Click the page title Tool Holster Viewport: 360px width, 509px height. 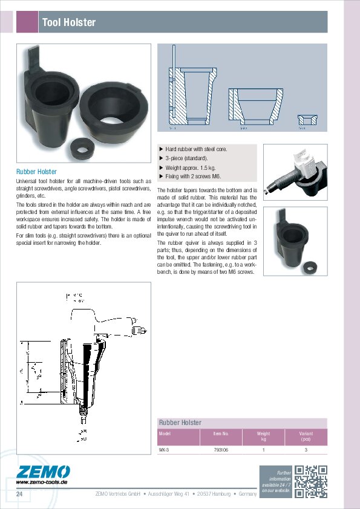click(68, 22)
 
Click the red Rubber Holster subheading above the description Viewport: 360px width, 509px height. click(36, 172)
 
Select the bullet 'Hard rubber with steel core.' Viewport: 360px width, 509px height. click(196, 149)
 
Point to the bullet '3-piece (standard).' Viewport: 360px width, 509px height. click(186, 158)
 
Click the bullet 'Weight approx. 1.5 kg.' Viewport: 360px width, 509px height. click(191, 167)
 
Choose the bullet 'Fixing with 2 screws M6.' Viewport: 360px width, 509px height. click(193, 177)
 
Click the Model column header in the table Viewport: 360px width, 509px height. click(165, 433)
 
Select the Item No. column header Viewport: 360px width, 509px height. click(221, 433)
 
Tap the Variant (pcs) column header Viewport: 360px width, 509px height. click(306, 436)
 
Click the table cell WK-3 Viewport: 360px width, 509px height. click(164, 450)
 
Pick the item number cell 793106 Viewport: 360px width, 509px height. click(221, 450)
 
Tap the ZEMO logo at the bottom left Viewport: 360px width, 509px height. click(43, 472)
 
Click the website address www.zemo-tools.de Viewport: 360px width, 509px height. click(41, 482)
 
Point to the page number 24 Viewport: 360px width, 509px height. click(20, 495)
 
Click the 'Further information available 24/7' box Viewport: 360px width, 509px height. click(276, 482)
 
